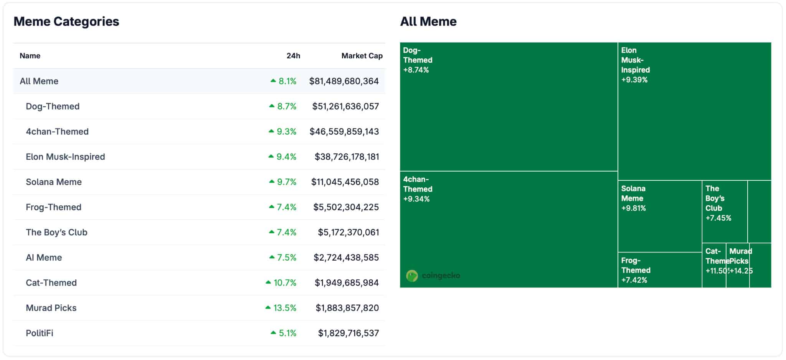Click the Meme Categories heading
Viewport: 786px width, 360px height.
pyautogui.click(x=66, y=21)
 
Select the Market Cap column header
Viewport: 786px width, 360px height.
pyautogui.click(x=362, y=56)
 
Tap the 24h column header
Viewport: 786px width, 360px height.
pyautogui.click(x=293, y=56)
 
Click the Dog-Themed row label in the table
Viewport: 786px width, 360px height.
pyautogui.click(x=53, y=106)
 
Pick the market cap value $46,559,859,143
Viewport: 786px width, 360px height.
pyautogui.click(x=344, y=132)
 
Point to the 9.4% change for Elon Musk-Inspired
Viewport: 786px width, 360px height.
pyautogui.click(x=286, y=157)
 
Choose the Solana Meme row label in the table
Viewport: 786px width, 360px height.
pyautogui.click(x=54, y=182)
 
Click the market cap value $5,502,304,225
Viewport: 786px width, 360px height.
pyautogui.click(x=346, y=207)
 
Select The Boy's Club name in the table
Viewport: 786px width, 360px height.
pyautogui.click(x=56, y=232)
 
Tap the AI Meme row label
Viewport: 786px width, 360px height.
pyautogui.click(x=44, y=258)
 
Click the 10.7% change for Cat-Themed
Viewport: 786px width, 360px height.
pyautogui.click(x=285, y=283)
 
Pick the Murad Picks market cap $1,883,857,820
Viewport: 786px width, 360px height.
pyautogui.click(x=347, y=308)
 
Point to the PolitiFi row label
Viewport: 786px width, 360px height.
pyautogui.click(x=40, y=333)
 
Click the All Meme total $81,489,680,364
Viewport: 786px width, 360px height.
pyautogui.click(x=344, y=81)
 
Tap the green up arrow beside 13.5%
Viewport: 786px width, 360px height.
pyautogui.click(x=268, y=307)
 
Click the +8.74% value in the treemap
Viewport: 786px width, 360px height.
pyautogui.click(x=416, y=70)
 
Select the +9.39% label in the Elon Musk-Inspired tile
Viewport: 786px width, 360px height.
pyautogui.click(x=634, y=80)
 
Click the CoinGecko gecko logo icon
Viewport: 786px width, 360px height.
pyautogui.click(x=412, y=276)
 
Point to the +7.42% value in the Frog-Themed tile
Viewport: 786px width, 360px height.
pyautogui.click(x=634, y=280)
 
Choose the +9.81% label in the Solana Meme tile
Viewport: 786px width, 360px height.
pyautogui.click(x=633, y=208)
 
